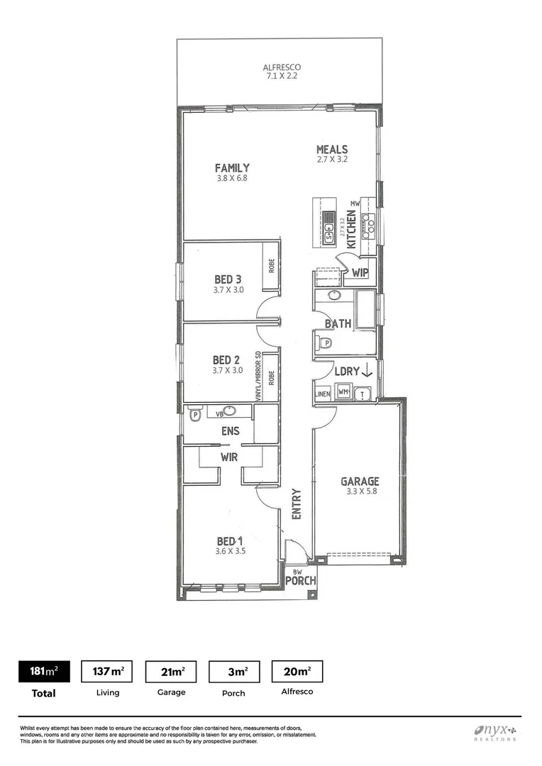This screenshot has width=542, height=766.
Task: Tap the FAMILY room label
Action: point(233,168)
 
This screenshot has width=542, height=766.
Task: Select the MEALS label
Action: point(332,150)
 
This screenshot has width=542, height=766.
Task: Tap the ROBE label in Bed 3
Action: point(271,265)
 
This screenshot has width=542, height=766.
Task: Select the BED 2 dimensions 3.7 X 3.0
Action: point(228,370)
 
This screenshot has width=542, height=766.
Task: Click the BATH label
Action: point(338,323)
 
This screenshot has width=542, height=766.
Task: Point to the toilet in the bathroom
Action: point(325,343)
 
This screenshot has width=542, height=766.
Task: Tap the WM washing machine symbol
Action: point(343,392)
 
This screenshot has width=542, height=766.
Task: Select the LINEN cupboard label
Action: point(323,393)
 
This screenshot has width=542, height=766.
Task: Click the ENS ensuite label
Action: point(230,431)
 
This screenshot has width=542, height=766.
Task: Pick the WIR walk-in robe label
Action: point(228,458)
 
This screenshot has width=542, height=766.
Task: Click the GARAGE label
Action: point(359,481)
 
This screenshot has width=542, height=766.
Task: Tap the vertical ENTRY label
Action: point(297,504)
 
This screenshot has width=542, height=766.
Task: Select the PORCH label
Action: point(300,581)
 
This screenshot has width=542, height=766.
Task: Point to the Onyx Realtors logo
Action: point(495,732)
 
